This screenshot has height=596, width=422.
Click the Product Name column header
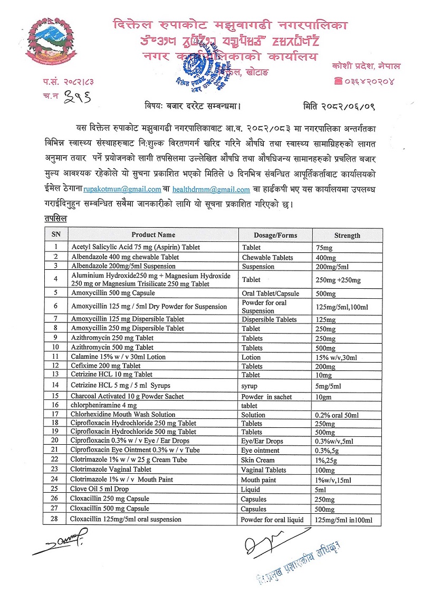coord(153,235)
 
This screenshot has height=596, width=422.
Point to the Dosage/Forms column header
coord(275,235)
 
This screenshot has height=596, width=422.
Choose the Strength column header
coord(347,235)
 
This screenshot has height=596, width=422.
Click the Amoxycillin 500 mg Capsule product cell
coord(113,292)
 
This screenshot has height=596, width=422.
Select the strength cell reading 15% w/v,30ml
coord(336,357)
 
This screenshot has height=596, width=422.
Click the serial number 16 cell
coord(55,406)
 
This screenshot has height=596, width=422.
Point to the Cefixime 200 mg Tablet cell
coord(105,366)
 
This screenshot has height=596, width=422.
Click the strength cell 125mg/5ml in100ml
coord(344,520)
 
